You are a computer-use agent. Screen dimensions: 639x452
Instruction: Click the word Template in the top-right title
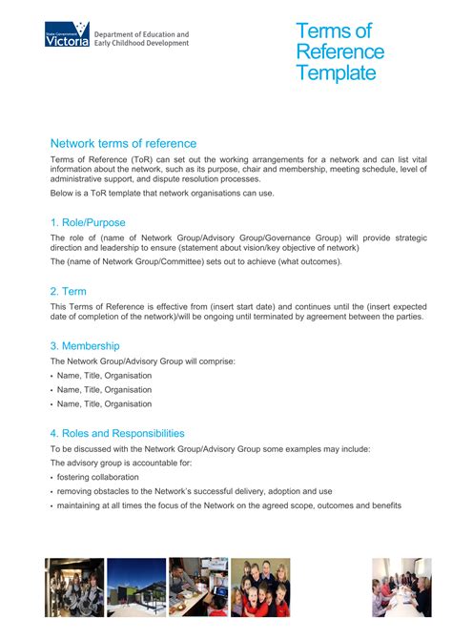coord(336,73)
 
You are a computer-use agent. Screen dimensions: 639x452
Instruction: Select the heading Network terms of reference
coord(123,143)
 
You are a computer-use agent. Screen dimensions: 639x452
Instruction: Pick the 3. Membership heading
coord(85,345)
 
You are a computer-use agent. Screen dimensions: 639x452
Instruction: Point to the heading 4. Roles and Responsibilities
coord(117,433)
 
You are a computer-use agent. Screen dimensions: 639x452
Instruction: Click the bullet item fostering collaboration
coord(97,477)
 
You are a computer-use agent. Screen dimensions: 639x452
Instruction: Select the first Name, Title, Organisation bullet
coord(104,376)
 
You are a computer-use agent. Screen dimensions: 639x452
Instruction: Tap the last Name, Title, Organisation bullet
coord(104,403)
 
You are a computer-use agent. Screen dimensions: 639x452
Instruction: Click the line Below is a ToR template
coord(161,193)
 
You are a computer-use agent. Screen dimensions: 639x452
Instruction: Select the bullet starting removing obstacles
coord(195,491)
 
